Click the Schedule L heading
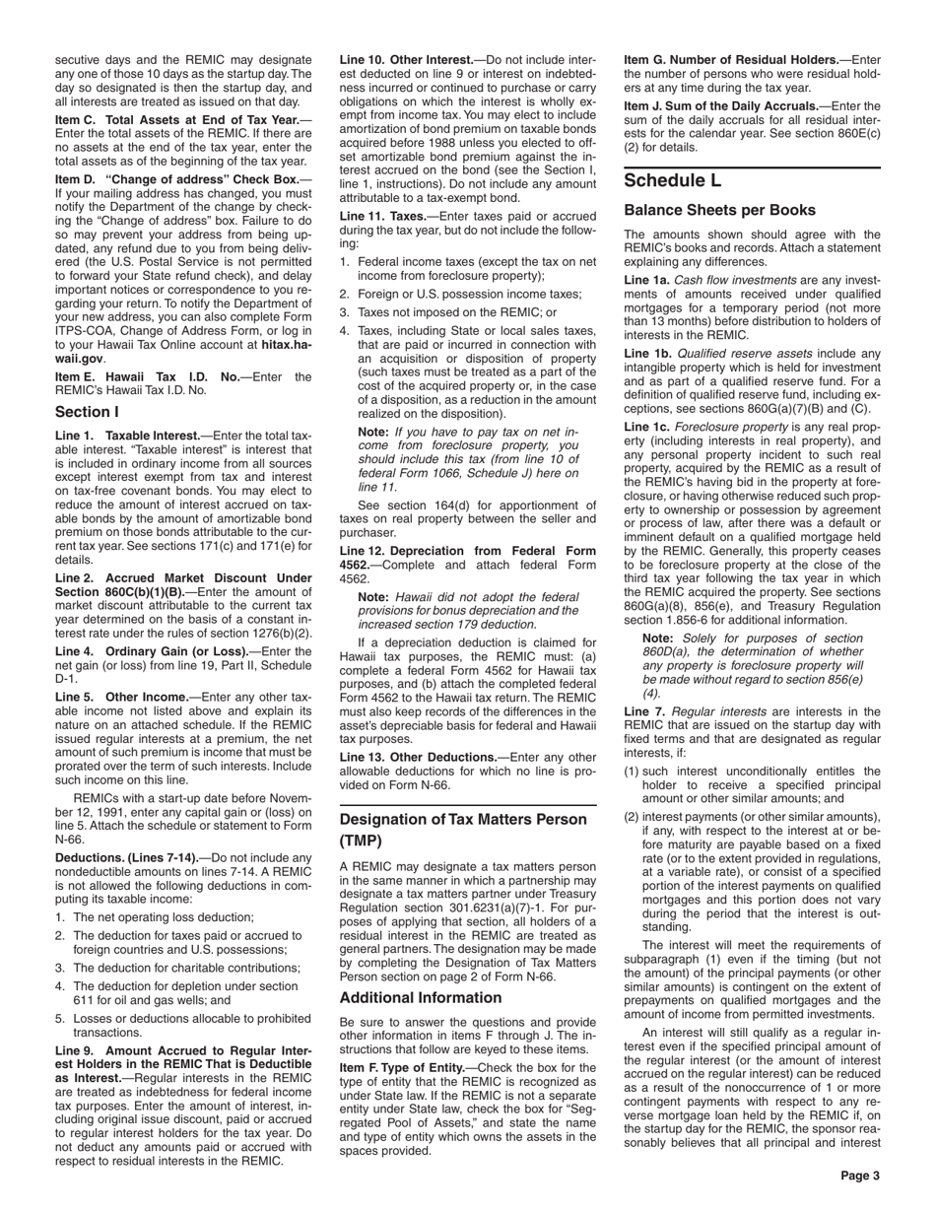pyautogui.click(x=673, y=181)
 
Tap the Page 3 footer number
pyautogui.click(x=860, y=1176)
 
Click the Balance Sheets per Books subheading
pyautogui.click(x=719, y=210)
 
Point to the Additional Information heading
pyautogui.click(x=421, y=997)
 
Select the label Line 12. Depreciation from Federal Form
pyautogui.click(x=467, y=550)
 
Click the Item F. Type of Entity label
pyautogui.click(x=405, y=1067)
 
